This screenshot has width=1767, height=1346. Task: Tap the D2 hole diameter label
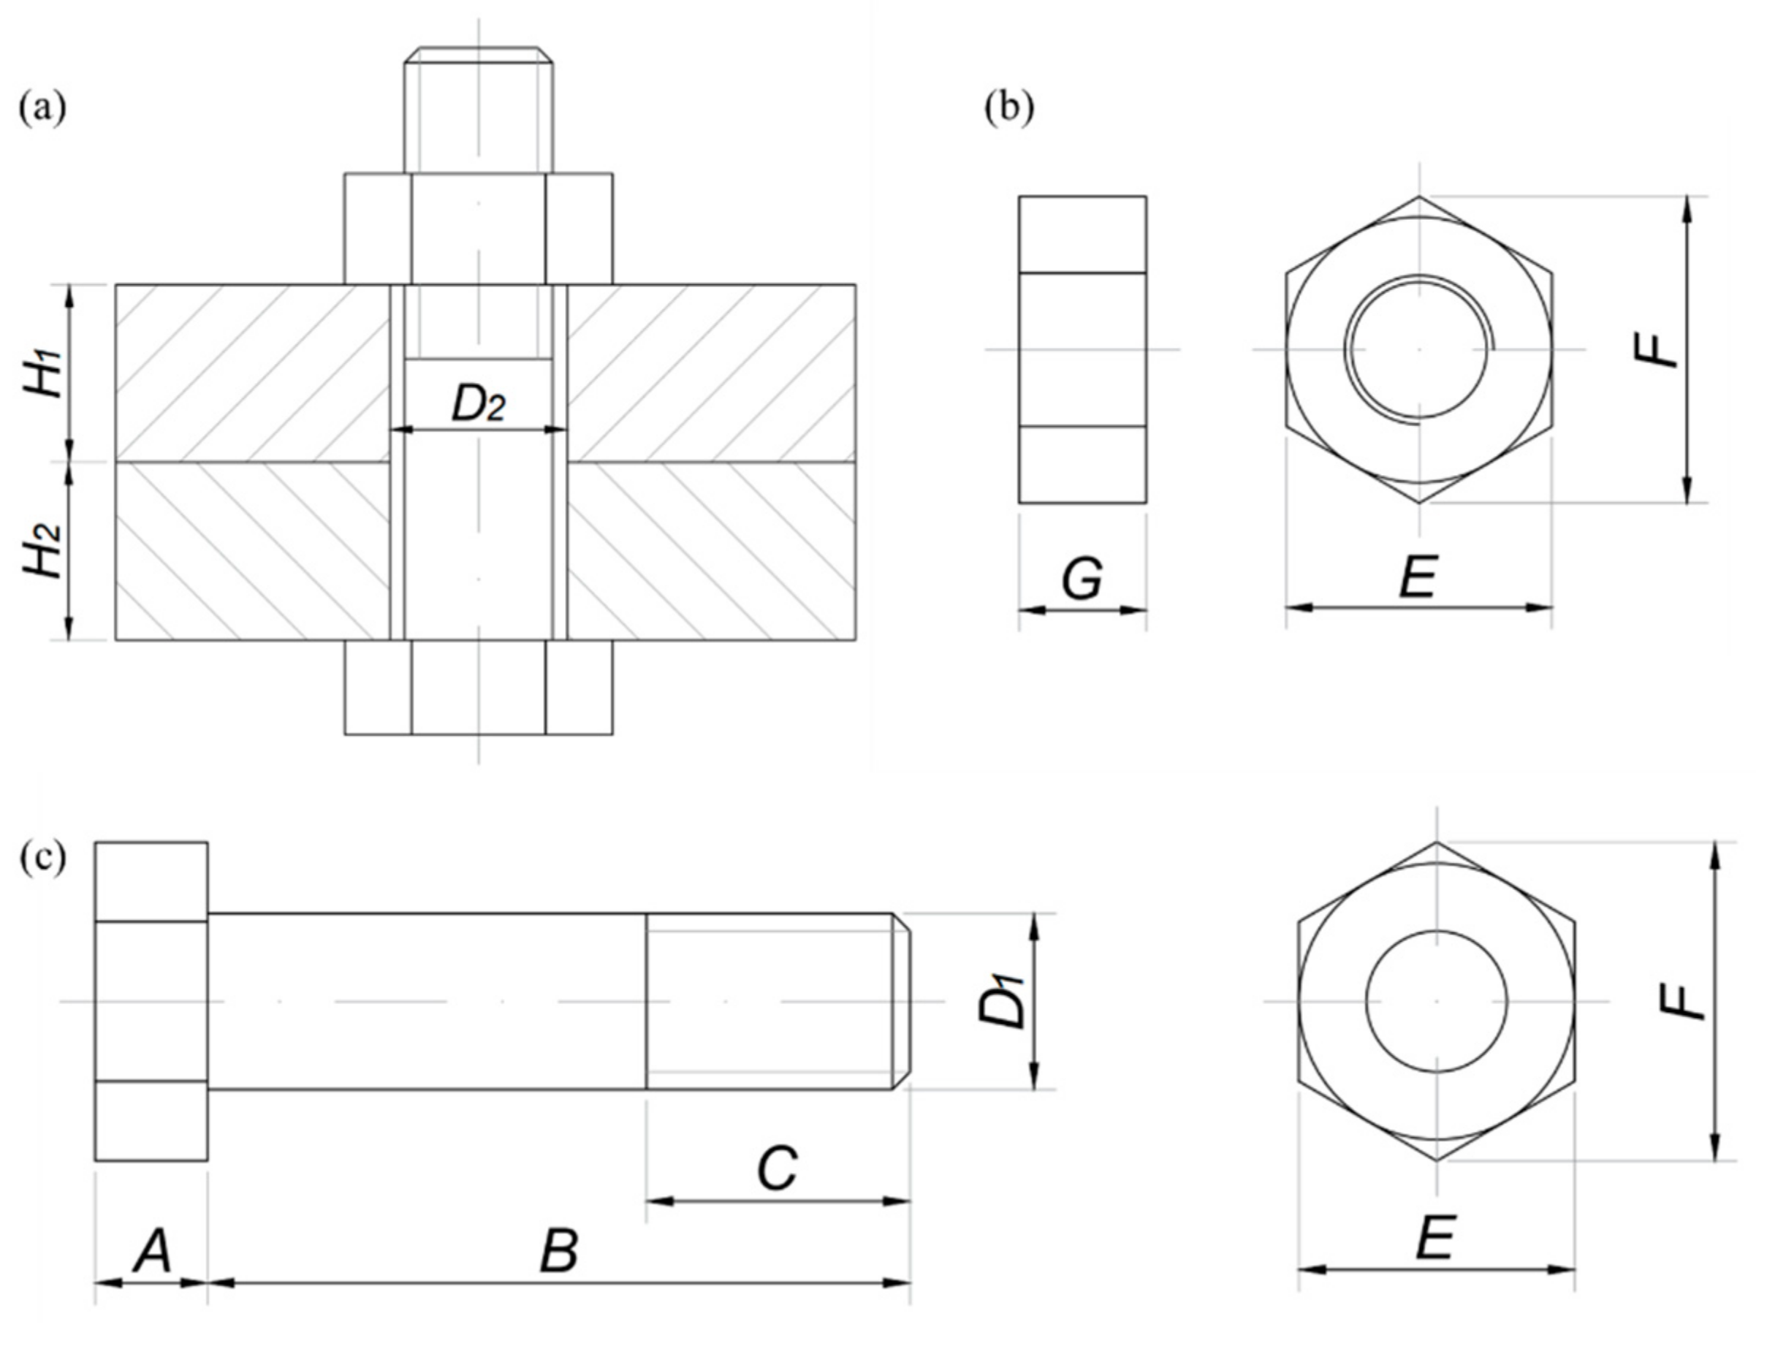(x=479, y=405)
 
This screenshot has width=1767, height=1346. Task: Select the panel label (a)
(x=42, y=107)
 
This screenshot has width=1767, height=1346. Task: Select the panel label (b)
(x=1009, y=107)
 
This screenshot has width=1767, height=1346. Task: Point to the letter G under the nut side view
(x=1082, y=579)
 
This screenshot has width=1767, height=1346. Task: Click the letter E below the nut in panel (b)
(x=1418, y=577)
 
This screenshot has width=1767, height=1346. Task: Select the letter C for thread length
(x=778, y=1169)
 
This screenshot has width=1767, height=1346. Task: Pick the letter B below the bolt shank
(x=558, y=1252)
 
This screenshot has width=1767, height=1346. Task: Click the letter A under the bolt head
(x=152, y=1252)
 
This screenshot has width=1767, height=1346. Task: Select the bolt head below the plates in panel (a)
(x=479, y=688)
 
